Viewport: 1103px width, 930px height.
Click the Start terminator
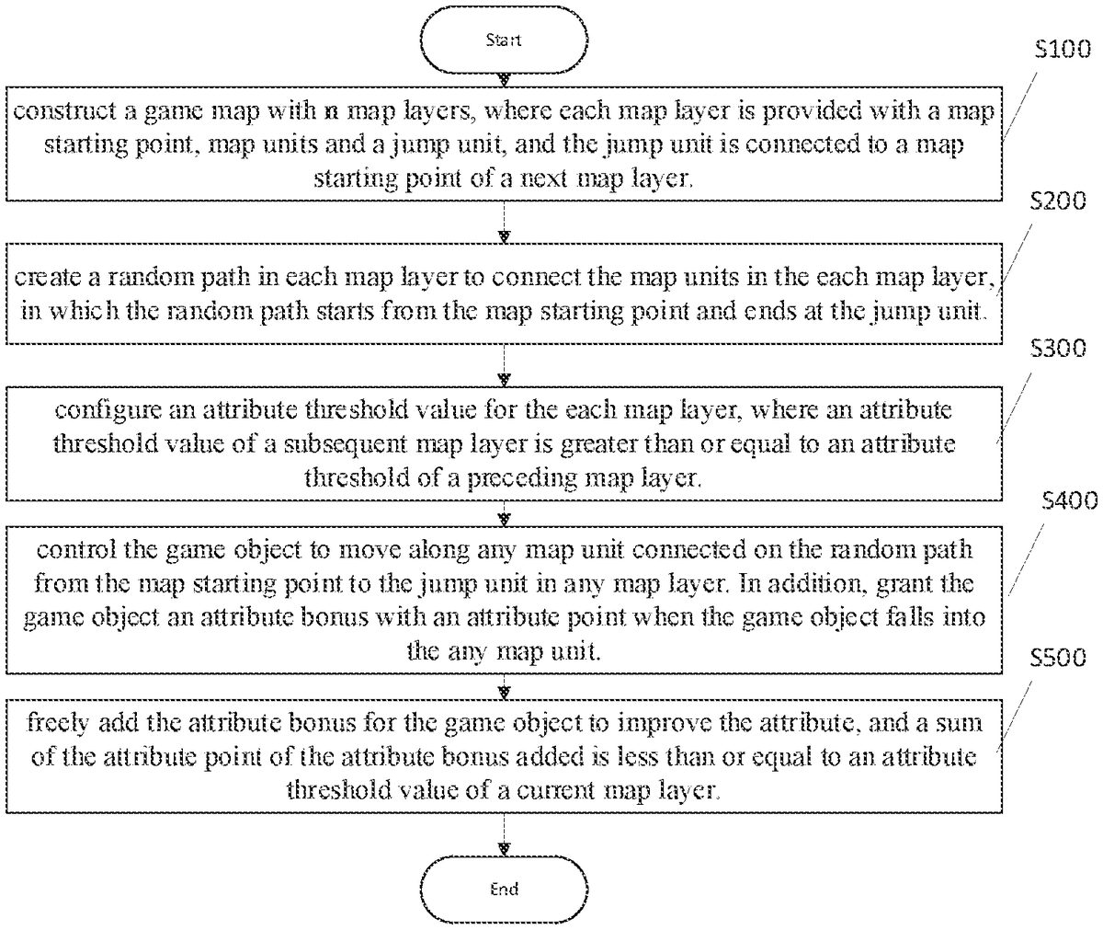[x=504, y=40]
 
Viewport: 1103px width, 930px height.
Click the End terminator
[x=504, y=889]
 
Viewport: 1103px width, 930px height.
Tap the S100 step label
[x=1060, y=52]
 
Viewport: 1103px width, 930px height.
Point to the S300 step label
[x=1059, y=349]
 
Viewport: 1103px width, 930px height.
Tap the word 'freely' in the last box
[x=53, y=723]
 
